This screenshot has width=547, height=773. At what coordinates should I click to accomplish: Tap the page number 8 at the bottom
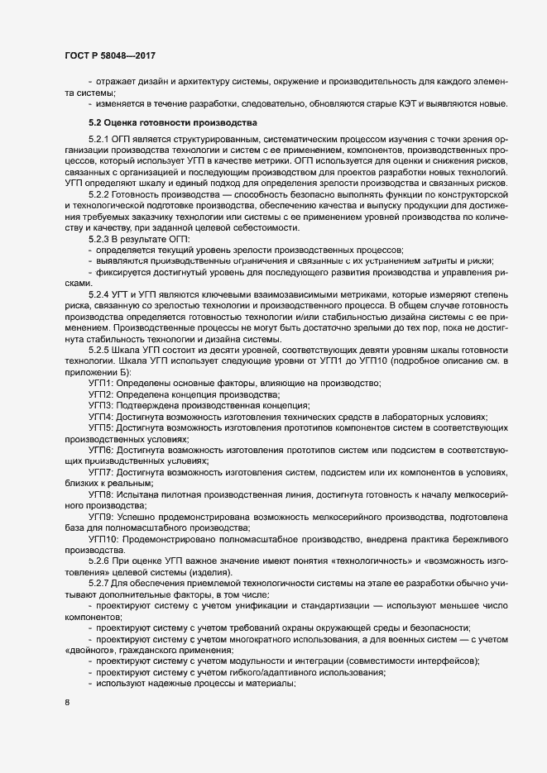point(67,704)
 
